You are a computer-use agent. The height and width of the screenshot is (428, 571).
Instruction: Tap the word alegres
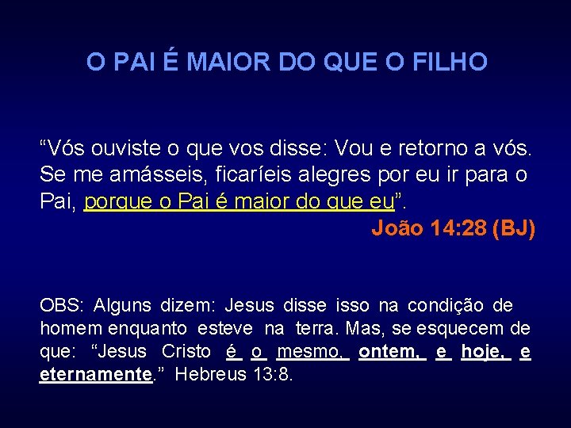(x=325, y=175)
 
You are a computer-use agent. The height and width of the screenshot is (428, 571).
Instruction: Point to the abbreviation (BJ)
(x=514, y=229)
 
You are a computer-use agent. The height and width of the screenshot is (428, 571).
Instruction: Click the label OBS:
(x=62, y=306)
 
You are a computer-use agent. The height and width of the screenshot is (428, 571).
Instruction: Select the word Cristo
(x=186, y=352)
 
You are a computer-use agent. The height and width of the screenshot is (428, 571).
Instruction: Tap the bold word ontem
(x=391, y=352)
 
